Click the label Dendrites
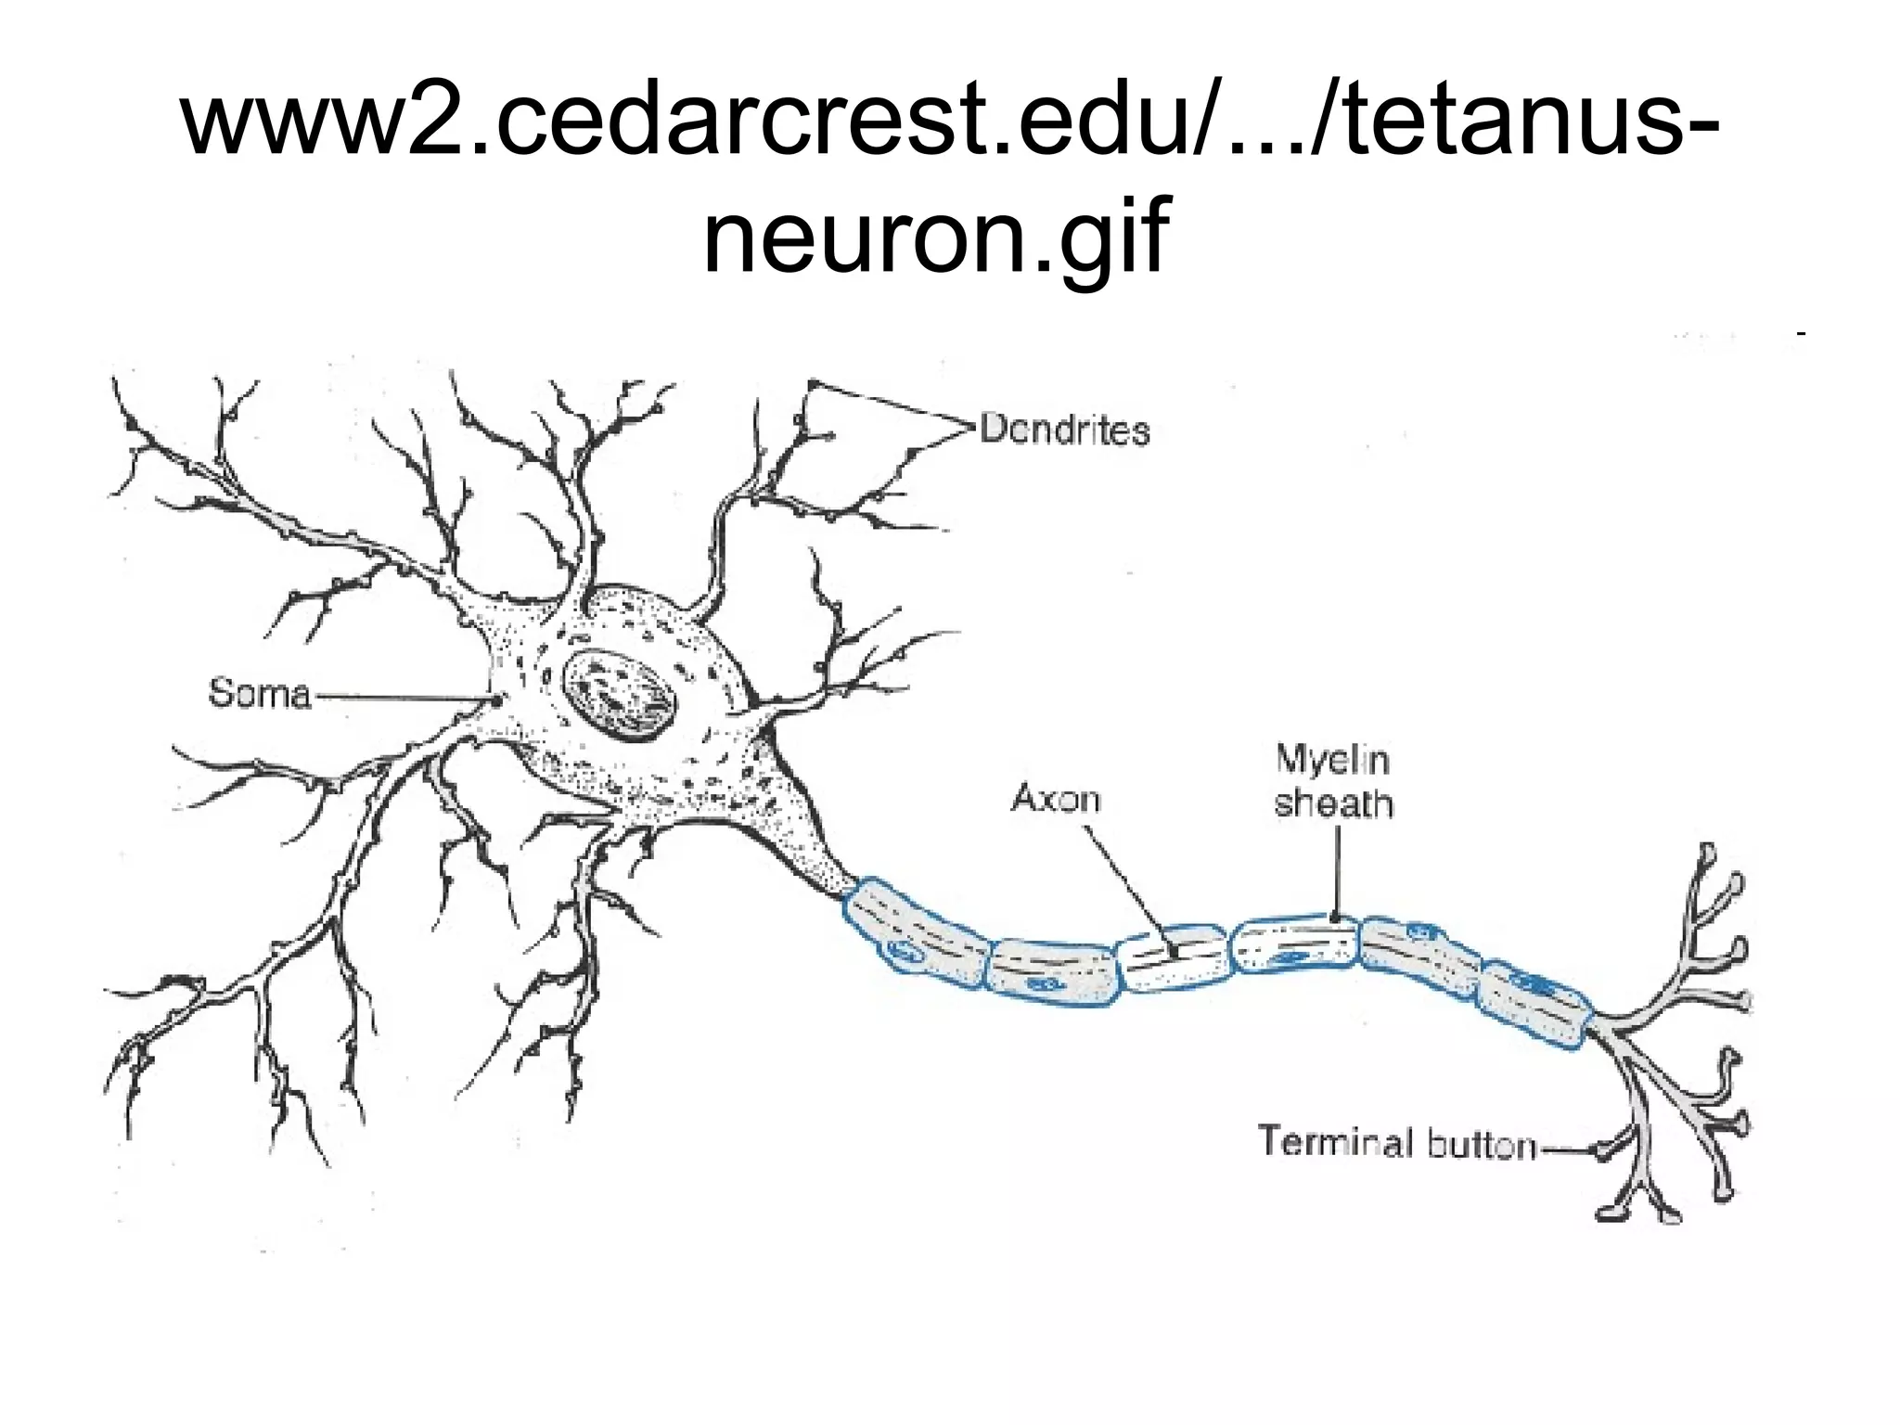(1064, 430)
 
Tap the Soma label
(259, 693)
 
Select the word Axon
(1056, 798)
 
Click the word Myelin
(1332, 760)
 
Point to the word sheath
(1333, 804)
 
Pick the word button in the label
(1482, 1145)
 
